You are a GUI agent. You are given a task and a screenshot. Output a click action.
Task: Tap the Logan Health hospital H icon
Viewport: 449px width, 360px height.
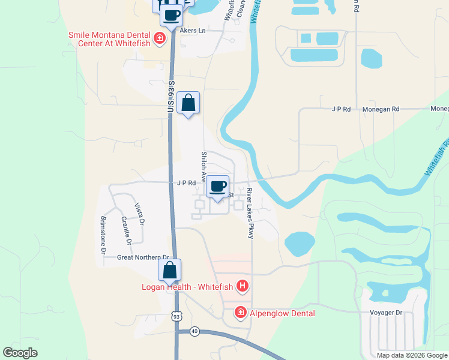click(x=243, y=286)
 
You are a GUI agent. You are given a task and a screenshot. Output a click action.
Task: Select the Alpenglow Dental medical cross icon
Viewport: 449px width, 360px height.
click(x=240, y=313)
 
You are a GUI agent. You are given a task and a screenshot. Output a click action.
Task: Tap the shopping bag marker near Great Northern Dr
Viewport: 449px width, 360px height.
click(x=169, y=270)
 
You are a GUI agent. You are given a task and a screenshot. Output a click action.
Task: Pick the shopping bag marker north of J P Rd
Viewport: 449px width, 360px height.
click(x=188, y=103)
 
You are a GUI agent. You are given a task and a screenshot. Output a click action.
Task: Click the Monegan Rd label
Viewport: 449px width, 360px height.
click(x=381, y=110)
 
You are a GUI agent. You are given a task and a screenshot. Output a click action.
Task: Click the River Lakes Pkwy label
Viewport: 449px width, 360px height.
click(x=250, y=213)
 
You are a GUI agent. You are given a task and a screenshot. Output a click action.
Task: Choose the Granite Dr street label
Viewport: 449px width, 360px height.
click(x=126, y=232)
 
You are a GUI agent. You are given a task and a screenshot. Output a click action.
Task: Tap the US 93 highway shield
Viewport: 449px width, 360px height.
click(x=175, y=316)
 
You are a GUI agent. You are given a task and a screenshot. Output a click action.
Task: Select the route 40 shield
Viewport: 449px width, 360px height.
click(x=194, y=331)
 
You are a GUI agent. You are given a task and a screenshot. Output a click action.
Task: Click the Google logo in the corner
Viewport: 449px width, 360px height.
click(x=20, y=353)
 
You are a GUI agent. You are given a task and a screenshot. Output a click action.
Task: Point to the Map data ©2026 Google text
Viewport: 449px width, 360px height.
click(x=412, y=355)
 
